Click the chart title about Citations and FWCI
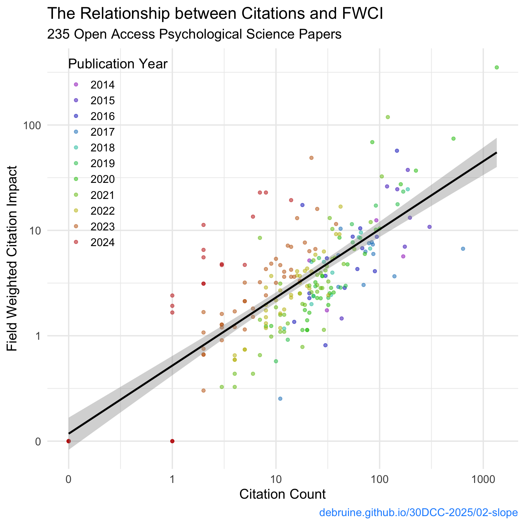pos(215,14)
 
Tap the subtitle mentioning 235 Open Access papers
pos(194,34)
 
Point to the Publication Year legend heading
pos(118,64)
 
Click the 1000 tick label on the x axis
pos(483,479)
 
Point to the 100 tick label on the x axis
pos(379,479)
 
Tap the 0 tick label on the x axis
pos(68,479)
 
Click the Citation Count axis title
pos(282,494)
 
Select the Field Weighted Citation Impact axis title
pos(12,259)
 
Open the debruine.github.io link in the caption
pos(418,513)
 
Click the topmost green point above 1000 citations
pos(497,67)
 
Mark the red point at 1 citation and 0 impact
pos(172,441)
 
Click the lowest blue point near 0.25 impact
pos(280,399)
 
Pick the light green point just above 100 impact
pos(388,117)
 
